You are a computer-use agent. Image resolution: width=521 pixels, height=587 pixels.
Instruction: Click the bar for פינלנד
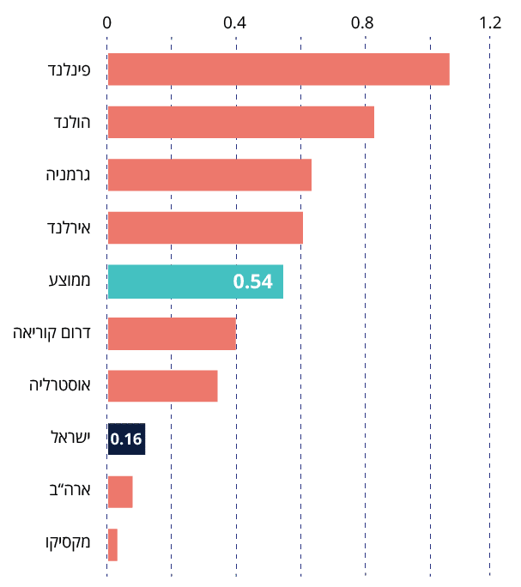[x=278, y=70]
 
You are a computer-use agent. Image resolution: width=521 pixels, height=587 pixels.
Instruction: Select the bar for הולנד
[x=240, y=122]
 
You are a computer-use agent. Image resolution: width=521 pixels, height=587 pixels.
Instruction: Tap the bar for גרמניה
[x=209, y=175]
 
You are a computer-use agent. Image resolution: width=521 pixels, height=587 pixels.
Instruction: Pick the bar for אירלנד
[x=205, y=228]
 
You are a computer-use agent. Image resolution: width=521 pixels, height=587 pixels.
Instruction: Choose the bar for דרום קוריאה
[x=172, y=334]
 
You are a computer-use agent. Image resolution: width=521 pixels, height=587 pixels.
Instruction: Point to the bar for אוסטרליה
[x=162, y=386]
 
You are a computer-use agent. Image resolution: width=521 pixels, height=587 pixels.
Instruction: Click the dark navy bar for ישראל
[x=126, y=439]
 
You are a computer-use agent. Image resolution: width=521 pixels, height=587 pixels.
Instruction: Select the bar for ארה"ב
[x=120, y=492]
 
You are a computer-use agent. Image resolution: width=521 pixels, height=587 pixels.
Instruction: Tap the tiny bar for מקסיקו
[x=112, y=545]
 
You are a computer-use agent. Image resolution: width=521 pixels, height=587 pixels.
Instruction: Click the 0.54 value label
[x=252, y=281]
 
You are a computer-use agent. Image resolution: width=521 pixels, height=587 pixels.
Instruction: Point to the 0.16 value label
[x=125, y=439]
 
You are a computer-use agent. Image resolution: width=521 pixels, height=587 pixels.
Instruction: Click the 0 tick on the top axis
[x=107, y=23]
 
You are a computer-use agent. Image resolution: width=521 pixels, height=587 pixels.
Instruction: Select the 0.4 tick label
[x=235, y=23]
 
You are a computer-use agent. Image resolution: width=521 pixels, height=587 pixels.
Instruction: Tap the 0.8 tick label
[x=364, y=23]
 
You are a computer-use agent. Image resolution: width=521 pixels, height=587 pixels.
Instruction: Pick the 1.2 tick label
[x=491, y=23]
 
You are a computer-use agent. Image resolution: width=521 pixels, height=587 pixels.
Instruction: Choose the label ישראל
[x=71, y=439]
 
